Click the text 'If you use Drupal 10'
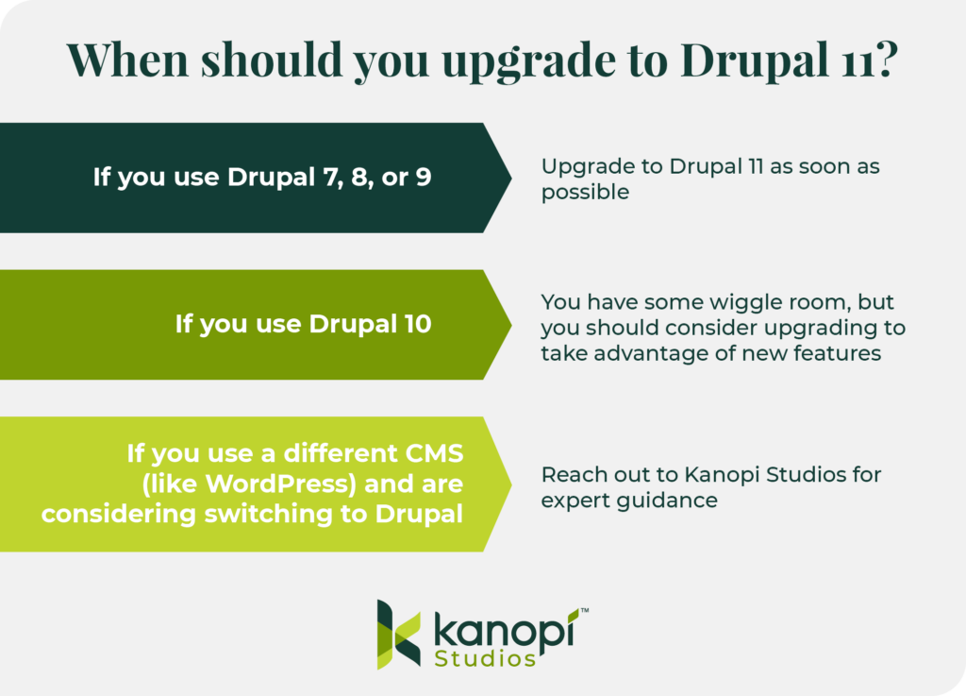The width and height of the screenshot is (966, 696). tap(303, 324)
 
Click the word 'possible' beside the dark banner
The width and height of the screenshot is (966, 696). tap(585, 192)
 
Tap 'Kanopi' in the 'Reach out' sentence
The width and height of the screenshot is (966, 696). tap(691, 474)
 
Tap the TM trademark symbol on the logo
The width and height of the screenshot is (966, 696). tap(585, 612)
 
